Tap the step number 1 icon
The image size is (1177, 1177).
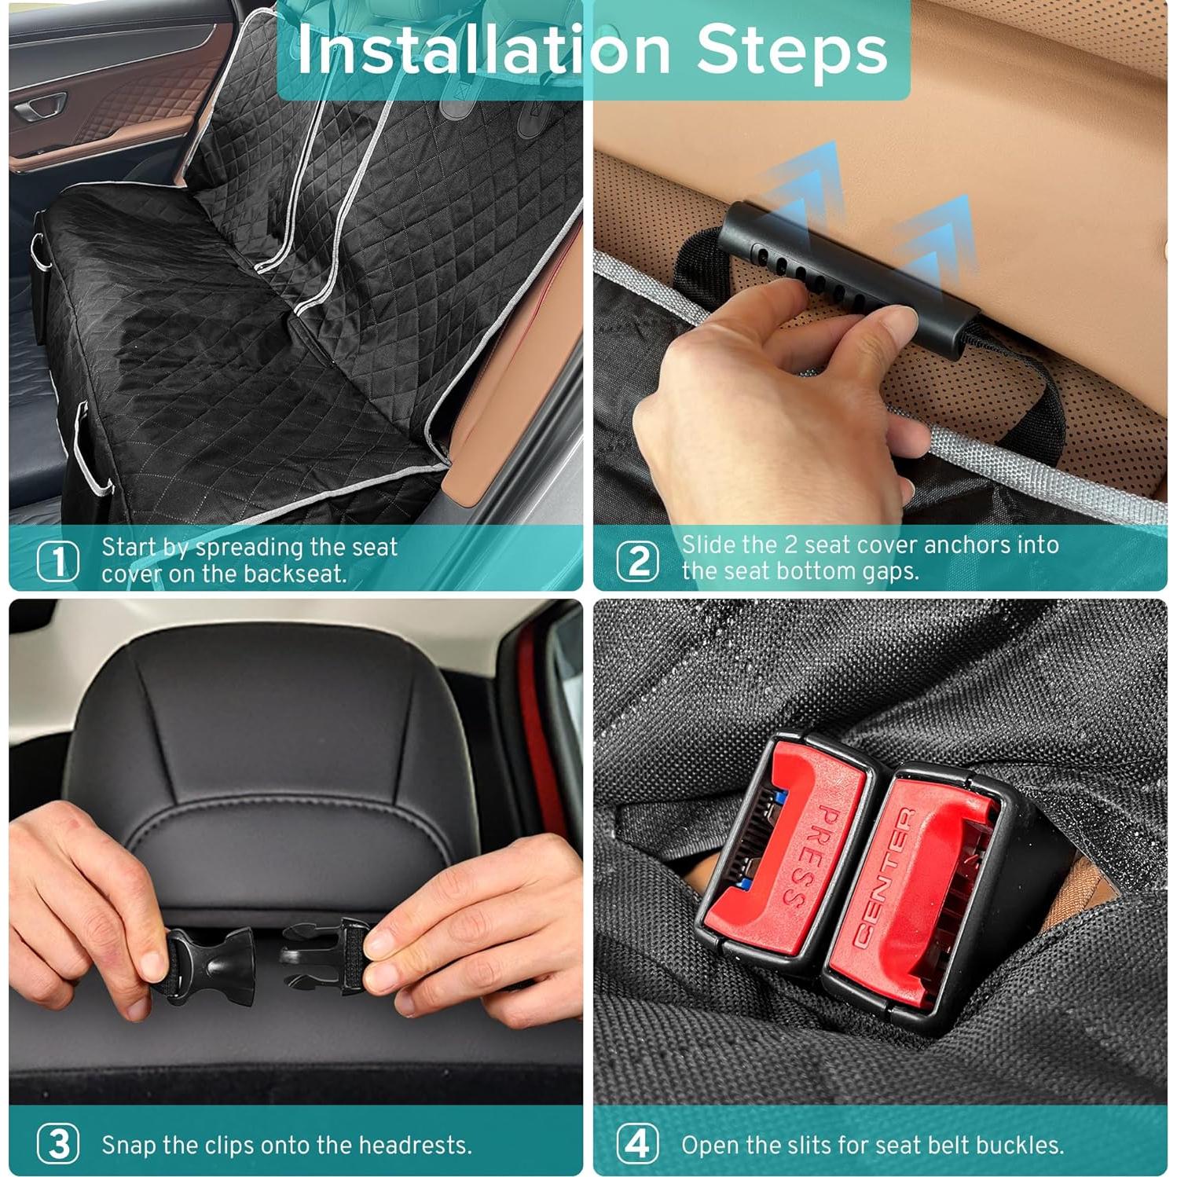(58, 561)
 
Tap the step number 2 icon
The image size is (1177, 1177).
(637, 561)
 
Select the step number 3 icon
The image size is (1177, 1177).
(58, 1144)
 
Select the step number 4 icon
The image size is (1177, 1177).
(637, 1144)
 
